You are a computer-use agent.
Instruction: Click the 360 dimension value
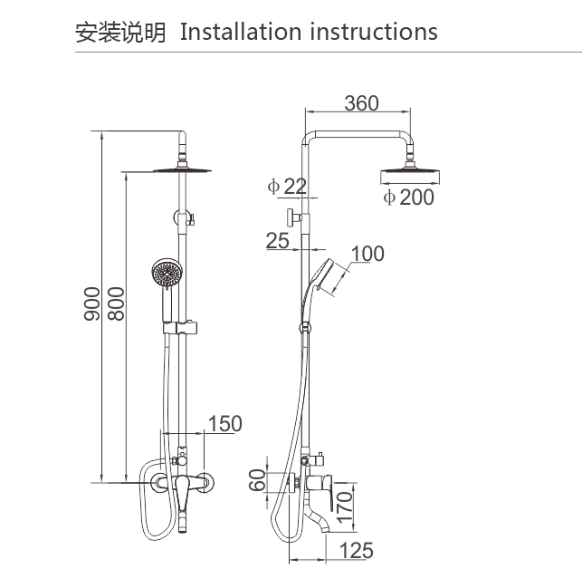click(x=361, y=103)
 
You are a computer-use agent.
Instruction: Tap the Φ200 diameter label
click(x=407, y=197)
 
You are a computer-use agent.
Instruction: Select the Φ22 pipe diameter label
click(x=288, y=187)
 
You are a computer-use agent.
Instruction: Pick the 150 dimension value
click(x=225, y=423)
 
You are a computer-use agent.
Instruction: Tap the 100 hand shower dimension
click(x=367, y=254)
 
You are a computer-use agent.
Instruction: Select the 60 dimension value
click(x=258, y=480)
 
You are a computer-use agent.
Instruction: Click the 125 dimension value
click(x=356, y=550)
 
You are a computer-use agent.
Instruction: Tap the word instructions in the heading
click(x=374, y=32)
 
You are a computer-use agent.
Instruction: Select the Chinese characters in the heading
click(x=120, y=33)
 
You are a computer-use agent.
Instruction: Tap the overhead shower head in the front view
click(x=184, y=169)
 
